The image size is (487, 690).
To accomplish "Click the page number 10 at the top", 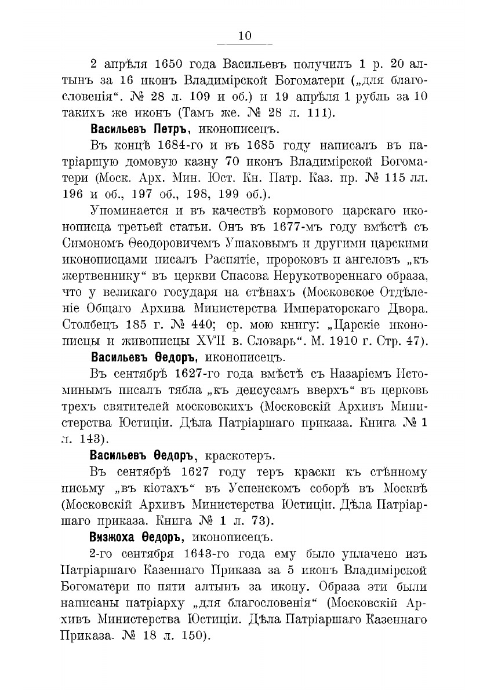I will pyautogui.click(x=244, y=36).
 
